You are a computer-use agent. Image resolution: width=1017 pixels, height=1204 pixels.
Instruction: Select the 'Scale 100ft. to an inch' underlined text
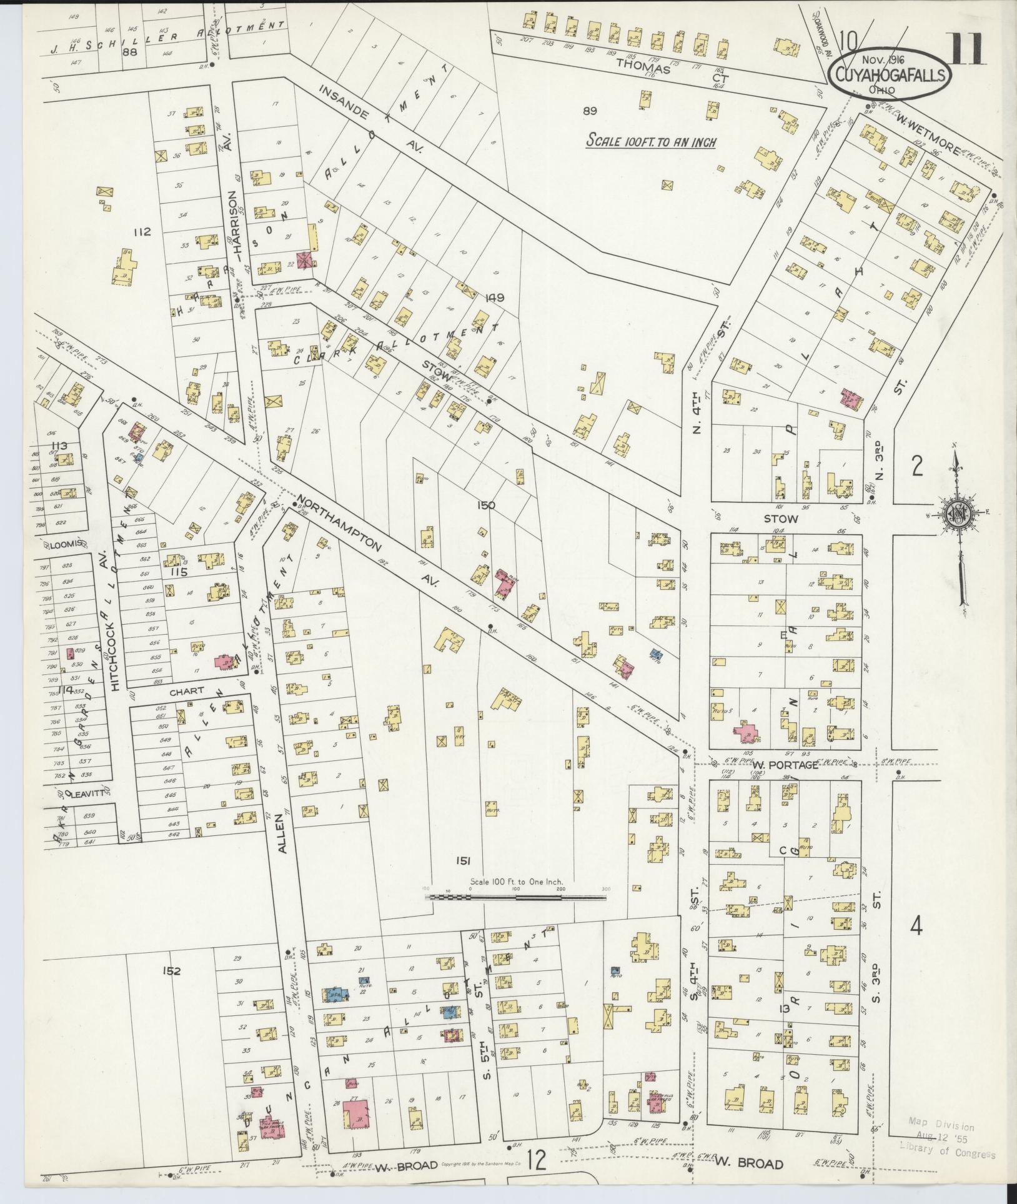(650, 141)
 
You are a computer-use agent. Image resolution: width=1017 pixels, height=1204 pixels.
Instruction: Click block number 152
(171, 988)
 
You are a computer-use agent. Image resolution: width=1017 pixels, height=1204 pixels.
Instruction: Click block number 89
(590, 111)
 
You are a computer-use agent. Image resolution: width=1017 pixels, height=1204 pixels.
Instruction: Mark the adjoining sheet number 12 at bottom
(537, 1160)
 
